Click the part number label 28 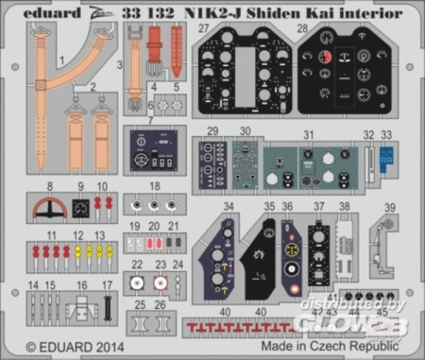tap(303, 29)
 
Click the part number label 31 tap(307, 134)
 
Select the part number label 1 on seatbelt tap(62, 59)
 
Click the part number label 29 tap(212, 131)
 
